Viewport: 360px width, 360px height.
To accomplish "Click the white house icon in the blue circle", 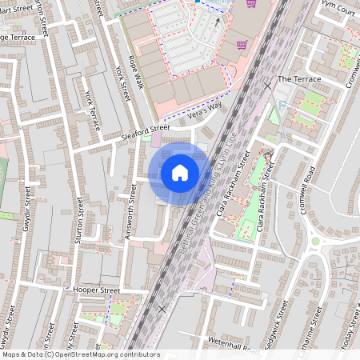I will tap(180, 172).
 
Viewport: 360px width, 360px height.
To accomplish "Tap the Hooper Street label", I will tap(95, 290).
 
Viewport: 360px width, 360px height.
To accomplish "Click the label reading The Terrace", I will tap(298, 79).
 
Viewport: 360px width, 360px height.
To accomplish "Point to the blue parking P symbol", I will tap(280, 105).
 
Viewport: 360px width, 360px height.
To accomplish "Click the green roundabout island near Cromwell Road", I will tap(316, 241).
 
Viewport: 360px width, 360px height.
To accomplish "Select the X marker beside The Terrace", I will tap(267, 85).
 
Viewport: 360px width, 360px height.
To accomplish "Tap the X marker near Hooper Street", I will tap(162, 308).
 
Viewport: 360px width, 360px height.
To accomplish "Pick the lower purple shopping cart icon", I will tap(241, 45).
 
